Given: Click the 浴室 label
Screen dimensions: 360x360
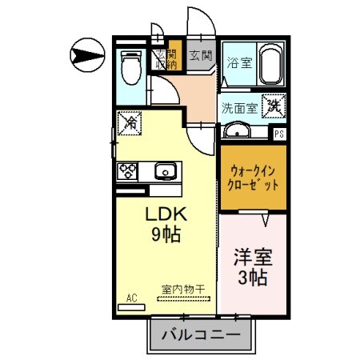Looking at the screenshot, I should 238,63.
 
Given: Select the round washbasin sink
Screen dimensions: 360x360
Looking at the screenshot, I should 237,131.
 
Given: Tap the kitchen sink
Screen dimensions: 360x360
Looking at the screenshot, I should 165,170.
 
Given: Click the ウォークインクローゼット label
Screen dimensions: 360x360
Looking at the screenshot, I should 254,178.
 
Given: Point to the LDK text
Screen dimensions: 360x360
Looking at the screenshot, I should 165,214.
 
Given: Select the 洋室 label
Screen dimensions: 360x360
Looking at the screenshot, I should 251,258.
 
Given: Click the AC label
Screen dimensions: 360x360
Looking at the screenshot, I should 132,298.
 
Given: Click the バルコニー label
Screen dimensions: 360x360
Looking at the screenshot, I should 202,335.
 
